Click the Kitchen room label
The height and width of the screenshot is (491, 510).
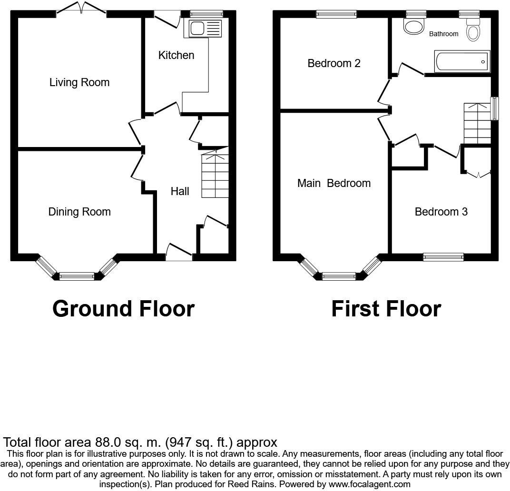coord(176,55)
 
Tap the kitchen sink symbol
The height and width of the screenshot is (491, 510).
coord(205,29)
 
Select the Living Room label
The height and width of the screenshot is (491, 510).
coord(79,82)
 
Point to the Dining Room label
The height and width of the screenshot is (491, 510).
coord(79,212)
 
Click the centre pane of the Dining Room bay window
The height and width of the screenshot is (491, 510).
coord(77,276)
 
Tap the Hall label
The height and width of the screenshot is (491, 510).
coord(180,191)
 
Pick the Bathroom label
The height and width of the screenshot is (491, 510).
coord(443,34)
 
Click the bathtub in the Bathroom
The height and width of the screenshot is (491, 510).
coord(462,61)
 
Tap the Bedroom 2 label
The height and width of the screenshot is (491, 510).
coord(334,63)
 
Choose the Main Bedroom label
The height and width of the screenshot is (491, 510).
coord(333,183)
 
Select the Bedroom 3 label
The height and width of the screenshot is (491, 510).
coord(441,212)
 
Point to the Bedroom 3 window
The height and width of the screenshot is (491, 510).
coord(443,257)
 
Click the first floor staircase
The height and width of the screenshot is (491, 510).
coord(477,123)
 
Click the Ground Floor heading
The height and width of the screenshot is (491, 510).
coord(123,308)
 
